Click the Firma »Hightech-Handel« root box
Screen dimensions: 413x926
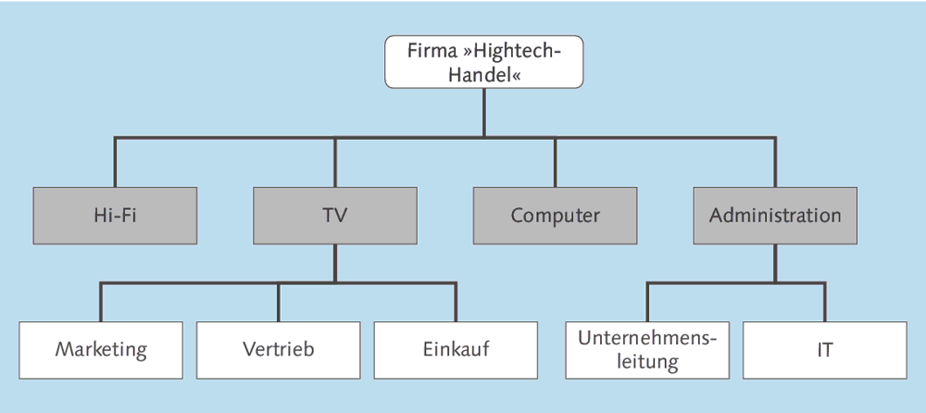click(x=483, y=62)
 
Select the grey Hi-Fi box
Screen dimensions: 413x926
click(x=115, y=216)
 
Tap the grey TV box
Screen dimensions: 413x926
click(x=334, y=216)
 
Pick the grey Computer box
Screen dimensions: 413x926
click(x=555, y=216)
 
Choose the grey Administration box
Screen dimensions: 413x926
click(x=775, y=216)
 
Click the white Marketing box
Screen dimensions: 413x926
click(x=101, y=350)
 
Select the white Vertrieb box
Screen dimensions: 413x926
click(x=279, y=350)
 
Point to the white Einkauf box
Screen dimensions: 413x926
click(x=456, y=350)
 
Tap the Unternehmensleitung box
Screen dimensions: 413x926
click(x=647, y=350)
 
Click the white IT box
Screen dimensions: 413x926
click(x=824, y=350)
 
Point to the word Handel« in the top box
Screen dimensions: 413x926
click(x=483, y=75)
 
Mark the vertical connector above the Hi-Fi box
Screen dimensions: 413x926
click(x=115, y=163)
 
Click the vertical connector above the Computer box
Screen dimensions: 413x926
click(x=555, y=163)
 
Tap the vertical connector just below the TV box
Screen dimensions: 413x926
click(x=334, y=263)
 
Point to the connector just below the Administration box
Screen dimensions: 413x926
click(x=775, y=263)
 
